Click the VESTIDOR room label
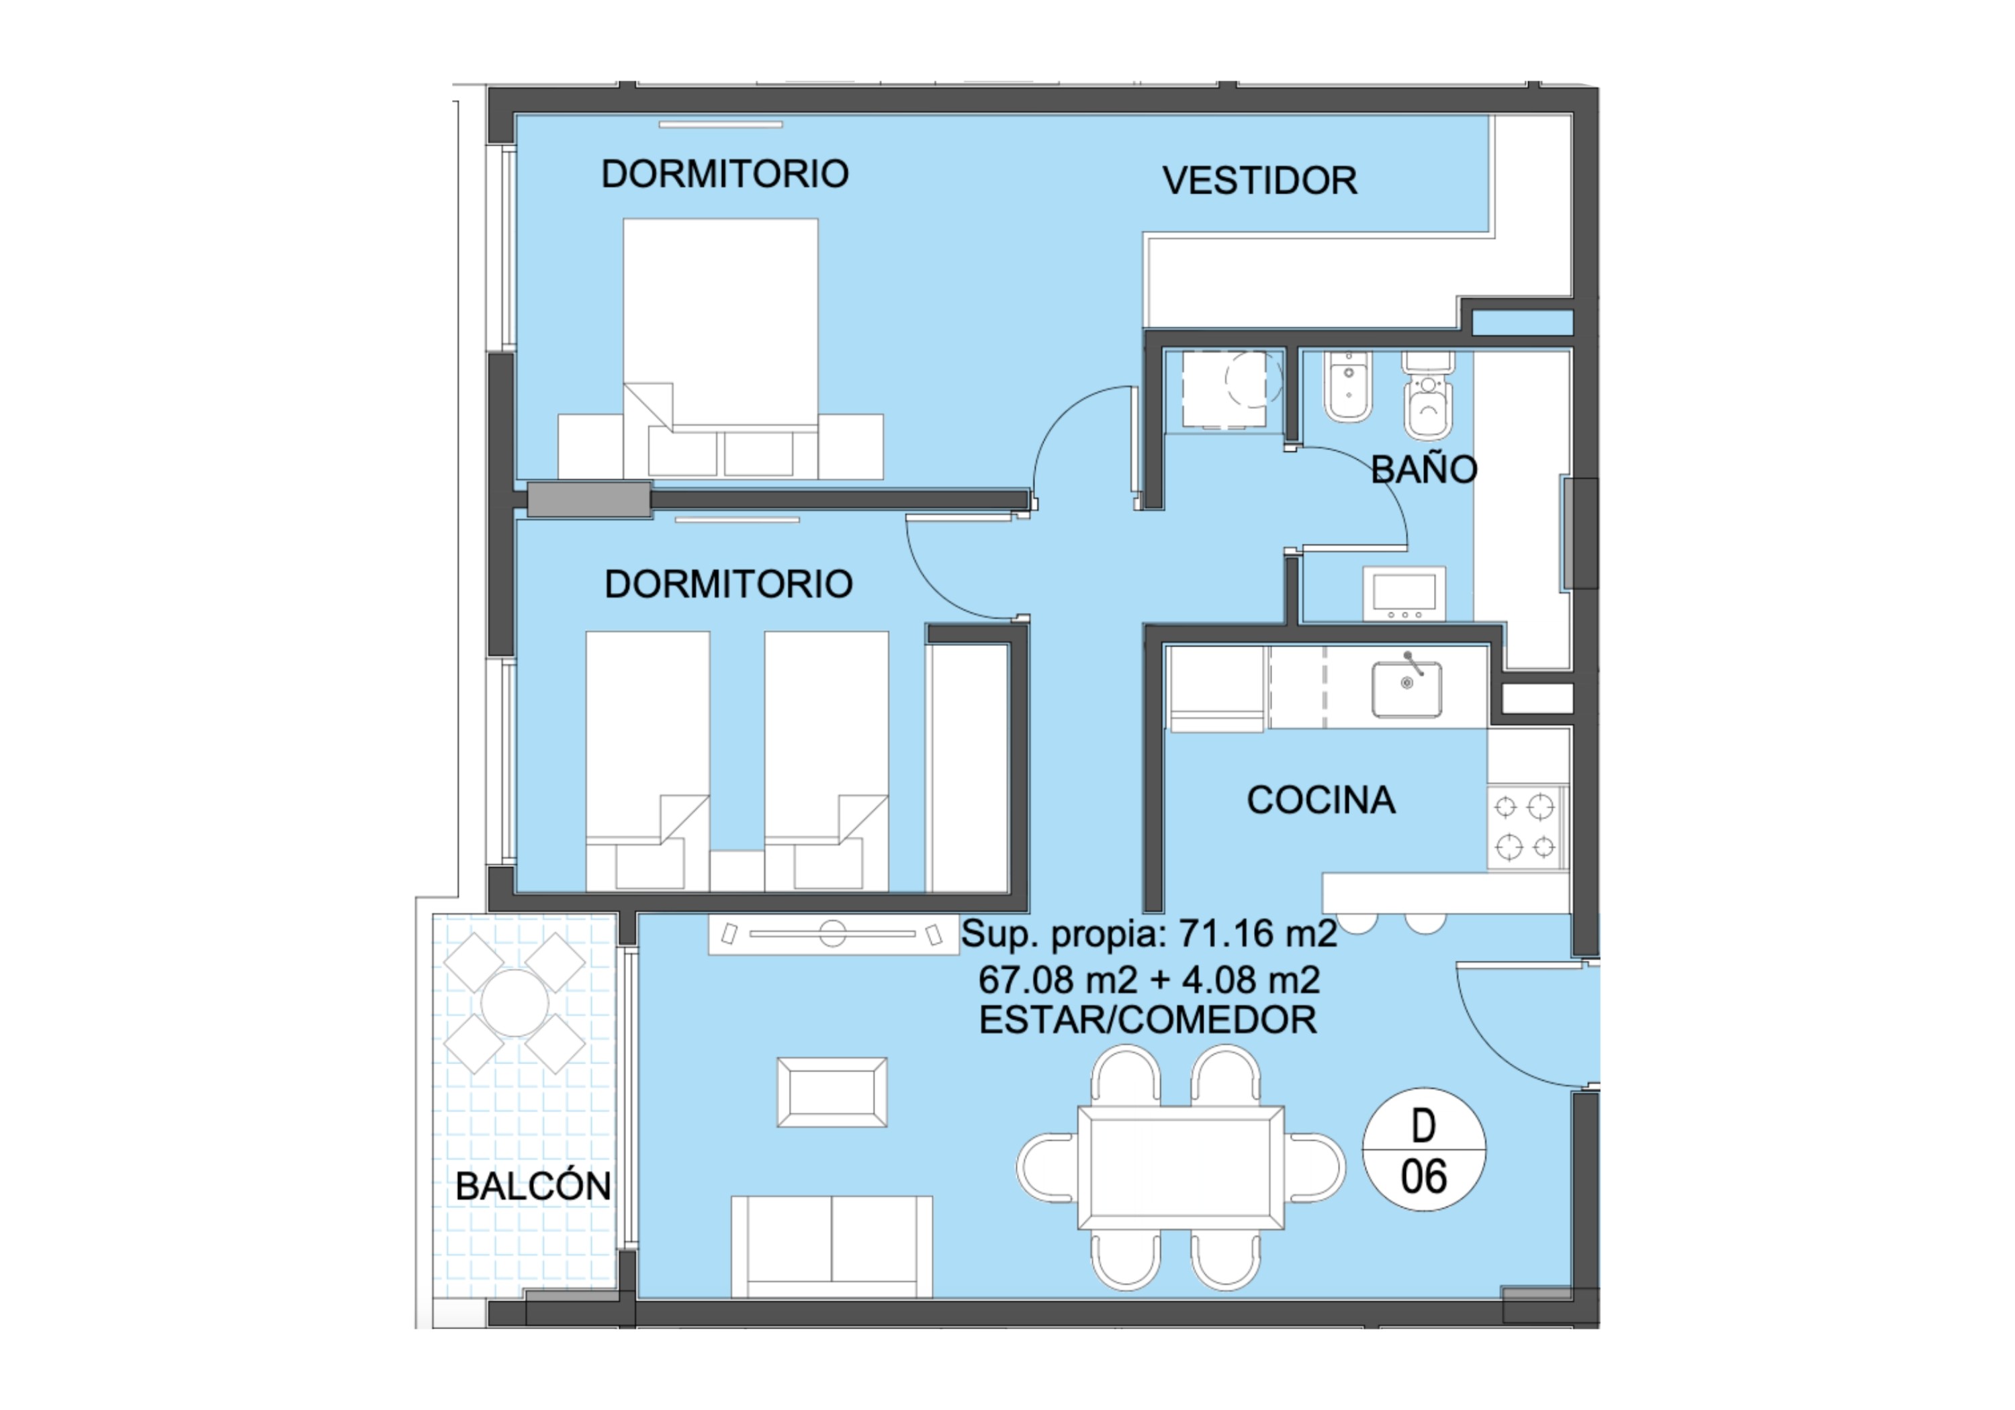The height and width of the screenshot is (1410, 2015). (1259, 181)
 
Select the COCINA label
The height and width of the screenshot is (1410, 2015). (1320, 800)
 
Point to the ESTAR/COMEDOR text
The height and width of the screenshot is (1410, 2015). (1148, 1021)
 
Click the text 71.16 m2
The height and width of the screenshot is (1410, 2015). (1257, 933)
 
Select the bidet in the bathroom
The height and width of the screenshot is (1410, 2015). (1348, 387)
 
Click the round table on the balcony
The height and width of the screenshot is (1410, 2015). (514, 1003)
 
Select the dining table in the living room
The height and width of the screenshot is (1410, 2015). (1181, 1168)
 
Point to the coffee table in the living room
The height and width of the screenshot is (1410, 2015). (832, 1092)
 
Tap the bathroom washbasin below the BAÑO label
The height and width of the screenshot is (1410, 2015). (1404, 595)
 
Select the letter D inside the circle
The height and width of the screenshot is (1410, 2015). (1423, 1126)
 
